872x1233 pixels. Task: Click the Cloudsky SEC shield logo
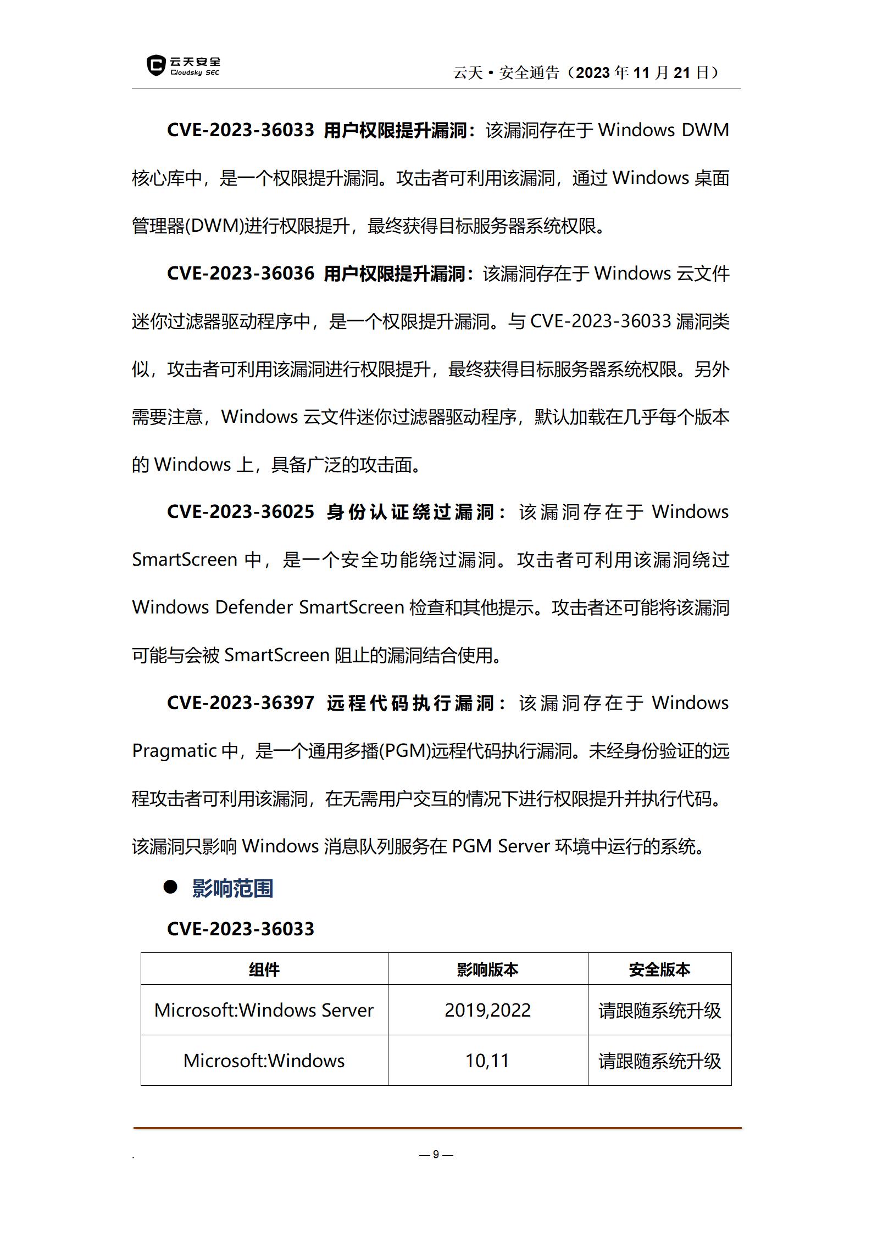(156, 66)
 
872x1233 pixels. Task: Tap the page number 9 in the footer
(436, 1154)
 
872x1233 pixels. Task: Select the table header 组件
(264, 969)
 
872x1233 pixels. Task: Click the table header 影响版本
(487, 969)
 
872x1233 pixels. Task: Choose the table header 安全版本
(659, 969)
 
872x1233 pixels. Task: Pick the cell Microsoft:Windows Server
(264, 1010)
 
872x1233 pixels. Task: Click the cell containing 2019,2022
(487, 1010)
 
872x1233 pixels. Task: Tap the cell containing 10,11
(487, 1061)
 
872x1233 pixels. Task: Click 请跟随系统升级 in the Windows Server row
(659, 1011)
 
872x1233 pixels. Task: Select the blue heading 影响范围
(232, 888)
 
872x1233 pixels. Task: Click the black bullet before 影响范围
(171, 887)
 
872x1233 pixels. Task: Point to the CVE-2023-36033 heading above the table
(241, 929)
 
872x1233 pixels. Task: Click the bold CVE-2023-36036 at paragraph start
(241, 274)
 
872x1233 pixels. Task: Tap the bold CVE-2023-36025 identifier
(241, 512)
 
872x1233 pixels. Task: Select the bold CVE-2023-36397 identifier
(241, 703)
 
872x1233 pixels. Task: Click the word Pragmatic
(174, 751)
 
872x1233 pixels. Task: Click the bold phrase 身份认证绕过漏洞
(412, 512)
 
